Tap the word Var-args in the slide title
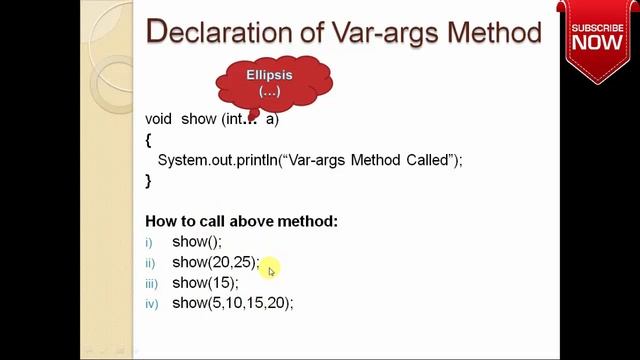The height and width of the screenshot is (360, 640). [x=371, y=32]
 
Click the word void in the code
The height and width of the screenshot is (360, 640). [x=159, y=119]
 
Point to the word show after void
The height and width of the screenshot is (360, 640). [x=198, y=119]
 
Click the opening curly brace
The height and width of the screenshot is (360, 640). [x=148, y=140]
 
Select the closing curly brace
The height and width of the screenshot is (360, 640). [x=148, y=181]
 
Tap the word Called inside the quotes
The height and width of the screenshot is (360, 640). [x=431, y=160]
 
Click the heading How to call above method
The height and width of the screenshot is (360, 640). [x=242, y=221]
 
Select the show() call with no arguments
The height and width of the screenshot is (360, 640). [x=197, y=242]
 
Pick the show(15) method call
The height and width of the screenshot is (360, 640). [x=205, y=283]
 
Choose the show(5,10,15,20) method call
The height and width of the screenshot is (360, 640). [x=233, y=303]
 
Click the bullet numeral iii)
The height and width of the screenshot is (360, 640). [x=151, y=284]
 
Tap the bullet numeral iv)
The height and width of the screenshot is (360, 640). [x=151, y=304]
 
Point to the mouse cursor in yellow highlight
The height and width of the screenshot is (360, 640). [x=270, y=269]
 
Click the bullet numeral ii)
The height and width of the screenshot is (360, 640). [x=151, y=263]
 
